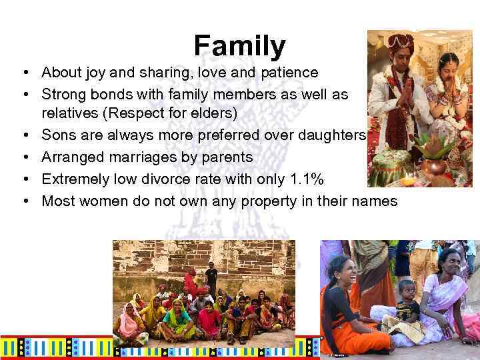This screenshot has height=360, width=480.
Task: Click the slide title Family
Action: point(239,45)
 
